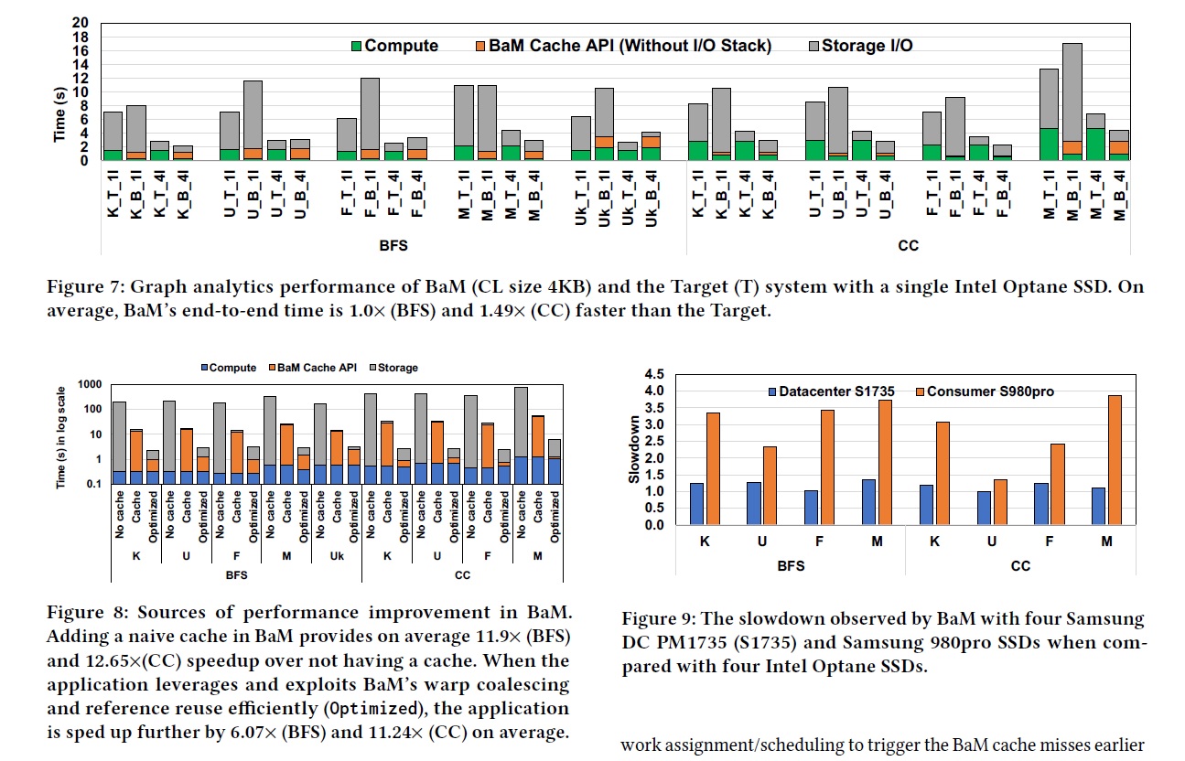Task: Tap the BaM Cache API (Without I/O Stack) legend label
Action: pos(618,46)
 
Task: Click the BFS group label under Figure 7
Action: pos(393,246)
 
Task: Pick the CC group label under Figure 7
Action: pos(908,246)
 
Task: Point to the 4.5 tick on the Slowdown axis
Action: pos(654,375)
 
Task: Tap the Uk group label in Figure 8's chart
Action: pos(336,555)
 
